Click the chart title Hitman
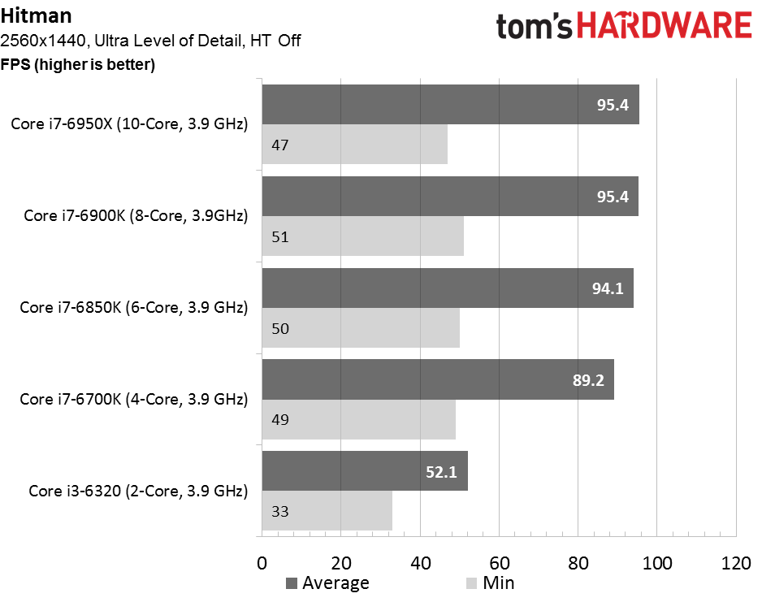37,16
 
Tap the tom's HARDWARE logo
624,26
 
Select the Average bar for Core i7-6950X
451,105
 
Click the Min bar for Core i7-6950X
355,145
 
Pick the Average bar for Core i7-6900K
450,197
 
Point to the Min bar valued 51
362,236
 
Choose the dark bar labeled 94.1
448,288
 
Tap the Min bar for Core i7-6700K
358,419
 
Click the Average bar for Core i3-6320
365,471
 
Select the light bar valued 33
327,511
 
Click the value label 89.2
588,380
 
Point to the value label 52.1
441,472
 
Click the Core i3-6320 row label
138,492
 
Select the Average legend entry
327,583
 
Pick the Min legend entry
490,583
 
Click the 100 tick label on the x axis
657,563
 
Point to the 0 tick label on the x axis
262,563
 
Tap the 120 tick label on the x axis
736,563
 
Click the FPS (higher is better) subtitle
78,64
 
